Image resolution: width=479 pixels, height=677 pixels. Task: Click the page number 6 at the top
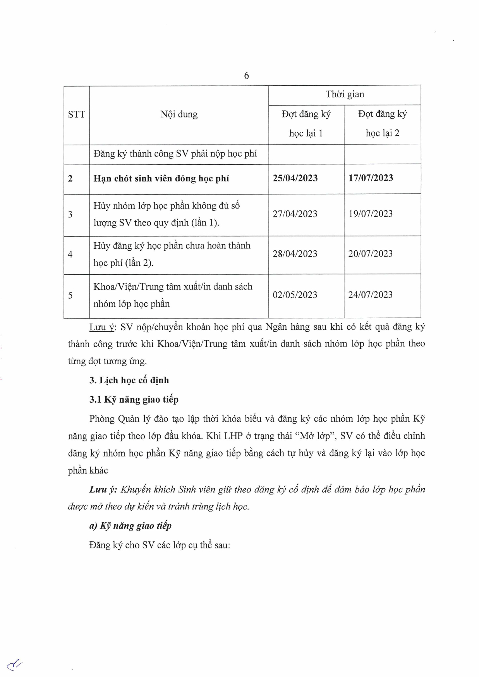pyautogui.click(x=247, y=76)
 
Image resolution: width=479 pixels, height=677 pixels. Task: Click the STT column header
pyautogui.click(x=76, y=114)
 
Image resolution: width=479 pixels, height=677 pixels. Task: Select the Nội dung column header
pyautogui.click(x=179, y=114)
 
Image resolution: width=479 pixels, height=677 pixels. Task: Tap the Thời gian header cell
pyautogui.click(x=345, y=94)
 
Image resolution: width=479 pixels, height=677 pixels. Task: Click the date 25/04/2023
pyautogui.click(x=295, y=178)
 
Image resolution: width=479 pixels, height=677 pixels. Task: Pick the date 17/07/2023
pyautogui.click(x=371, y=178)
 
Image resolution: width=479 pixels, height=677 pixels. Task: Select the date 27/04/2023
pyautogui.click(x=295, y=214)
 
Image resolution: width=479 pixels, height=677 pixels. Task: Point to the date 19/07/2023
pyautogui.click(x=371, y=214)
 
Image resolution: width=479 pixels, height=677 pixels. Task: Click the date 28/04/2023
pyautogui.click(x=295, y=254)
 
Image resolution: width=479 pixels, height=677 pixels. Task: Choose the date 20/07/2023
pyautogui.click(x=371, y=254)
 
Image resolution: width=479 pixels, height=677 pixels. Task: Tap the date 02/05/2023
pyautogui.click(x=295, y=295)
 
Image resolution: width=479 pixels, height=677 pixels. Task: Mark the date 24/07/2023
pyautogui.click(x=371, y=295)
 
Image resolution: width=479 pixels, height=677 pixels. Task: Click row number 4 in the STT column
pyautogui.click(x=70, y=255)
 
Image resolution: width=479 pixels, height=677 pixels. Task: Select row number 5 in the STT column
pyautogui.click(x=70, y=296)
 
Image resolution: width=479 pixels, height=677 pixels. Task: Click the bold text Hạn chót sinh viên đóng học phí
pyautogui.click(x=161, y=179)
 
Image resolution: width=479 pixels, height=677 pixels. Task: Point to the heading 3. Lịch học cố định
pyautogui.click(x=129, y=380)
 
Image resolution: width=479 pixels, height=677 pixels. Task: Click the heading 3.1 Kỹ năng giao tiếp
pyautogui.click(x=134, y=400)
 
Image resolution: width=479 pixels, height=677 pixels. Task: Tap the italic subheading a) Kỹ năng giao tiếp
pyautogui.click(x=130, y=526)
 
